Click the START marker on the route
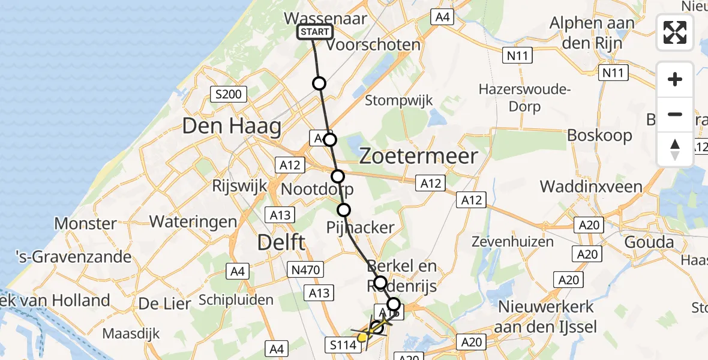tap(315, 32)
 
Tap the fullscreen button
tap(675, 32)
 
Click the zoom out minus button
tap(675, 114)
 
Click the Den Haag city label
tap(232, 127)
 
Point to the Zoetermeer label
tap(418, 156)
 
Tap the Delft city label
tap(281, 242)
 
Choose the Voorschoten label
tap(374, 44)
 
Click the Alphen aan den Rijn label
tap(592, 33)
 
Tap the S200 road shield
tap(227, 94)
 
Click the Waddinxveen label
tap(591, 186)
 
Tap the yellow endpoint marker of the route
tap(362, 337)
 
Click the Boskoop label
tap(599, 135)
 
